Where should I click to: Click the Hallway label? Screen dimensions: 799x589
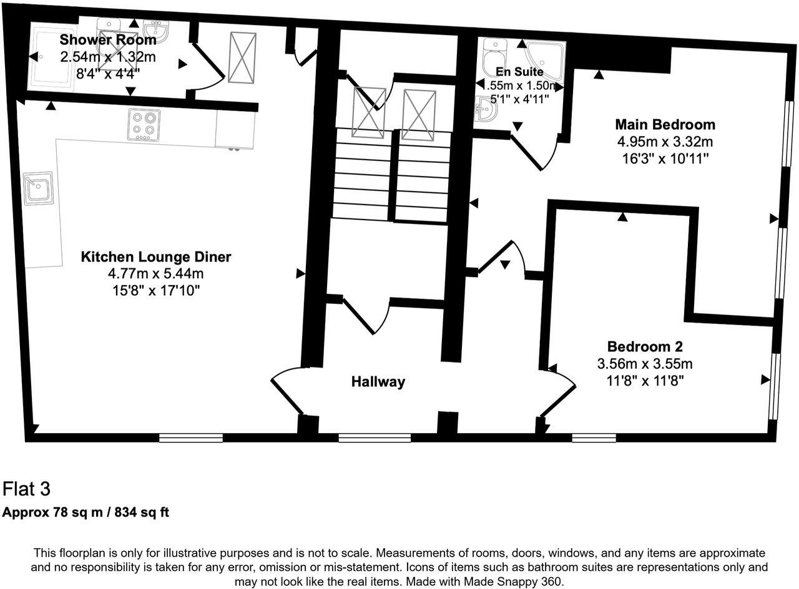pos(378,382)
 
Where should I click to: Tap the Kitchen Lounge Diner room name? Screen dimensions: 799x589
pos(156,257)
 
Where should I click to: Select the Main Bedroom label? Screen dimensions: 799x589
pos(665,124)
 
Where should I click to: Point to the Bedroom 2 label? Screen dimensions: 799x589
pos(645,346)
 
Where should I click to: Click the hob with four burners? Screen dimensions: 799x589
pos(144,124)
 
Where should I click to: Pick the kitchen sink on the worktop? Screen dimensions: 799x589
pos(38,188)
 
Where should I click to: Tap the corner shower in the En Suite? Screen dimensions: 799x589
pos(544,55)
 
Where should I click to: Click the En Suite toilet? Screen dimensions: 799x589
pos(494,55)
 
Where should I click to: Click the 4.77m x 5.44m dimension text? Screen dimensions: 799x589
pos(156,273)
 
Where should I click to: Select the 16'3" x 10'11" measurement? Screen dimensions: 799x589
pos(665,158)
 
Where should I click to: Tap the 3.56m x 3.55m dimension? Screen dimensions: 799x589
pos(645,363)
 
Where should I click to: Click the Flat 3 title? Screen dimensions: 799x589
pos(27,488)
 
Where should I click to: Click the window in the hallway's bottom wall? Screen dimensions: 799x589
pos(375,438)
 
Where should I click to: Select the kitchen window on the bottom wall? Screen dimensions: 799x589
pos(191,438)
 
